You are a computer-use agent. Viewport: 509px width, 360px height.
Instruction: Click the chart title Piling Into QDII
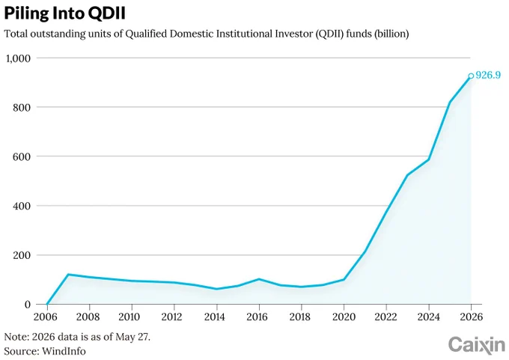point(64,13)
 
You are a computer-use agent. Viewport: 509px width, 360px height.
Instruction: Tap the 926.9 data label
point(488,76)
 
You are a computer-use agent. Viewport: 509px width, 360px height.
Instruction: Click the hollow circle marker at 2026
point(471,76)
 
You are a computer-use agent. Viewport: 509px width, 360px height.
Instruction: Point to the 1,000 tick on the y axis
point(18,58)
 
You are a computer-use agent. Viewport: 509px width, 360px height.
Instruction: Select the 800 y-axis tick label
point(22,108)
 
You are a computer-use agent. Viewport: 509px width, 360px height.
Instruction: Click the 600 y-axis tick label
point(22,156)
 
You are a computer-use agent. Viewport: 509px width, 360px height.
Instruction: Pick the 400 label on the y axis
point(22,206)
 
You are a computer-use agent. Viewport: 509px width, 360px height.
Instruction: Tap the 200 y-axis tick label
point(22,255)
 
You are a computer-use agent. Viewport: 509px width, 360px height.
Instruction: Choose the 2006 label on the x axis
point(45,317)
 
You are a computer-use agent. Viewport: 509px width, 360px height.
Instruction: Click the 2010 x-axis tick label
point(129,317)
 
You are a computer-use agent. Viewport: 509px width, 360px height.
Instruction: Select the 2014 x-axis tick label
point(214,317)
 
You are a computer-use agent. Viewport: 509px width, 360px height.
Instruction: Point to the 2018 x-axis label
point(300,317)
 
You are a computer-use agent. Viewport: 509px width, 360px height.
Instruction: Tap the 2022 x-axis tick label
point(385,317)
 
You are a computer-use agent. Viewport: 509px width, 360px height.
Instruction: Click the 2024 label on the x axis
point(428,317)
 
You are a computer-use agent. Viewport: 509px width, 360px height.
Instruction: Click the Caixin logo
point(477,345)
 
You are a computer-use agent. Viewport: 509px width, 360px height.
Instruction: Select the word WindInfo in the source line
point(64,351)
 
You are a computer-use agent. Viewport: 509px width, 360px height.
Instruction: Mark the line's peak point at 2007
point(68,275)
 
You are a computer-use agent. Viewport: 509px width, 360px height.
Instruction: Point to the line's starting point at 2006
point(47,304)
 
